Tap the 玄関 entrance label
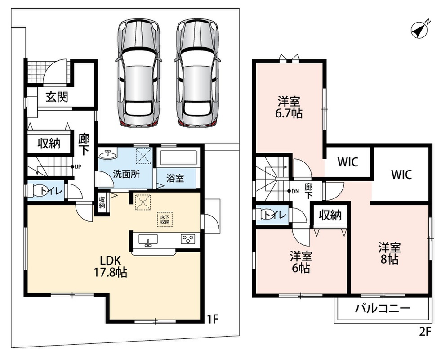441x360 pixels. point(57,97)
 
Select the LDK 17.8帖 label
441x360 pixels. point(110,266)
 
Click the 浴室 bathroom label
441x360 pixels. point(175,178)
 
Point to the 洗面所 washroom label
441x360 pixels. point(126,174)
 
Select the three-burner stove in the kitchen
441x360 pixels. point(188,239)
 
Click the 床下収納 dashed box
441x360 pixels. point(165,219)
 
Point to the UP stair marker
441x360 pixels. point(76,167)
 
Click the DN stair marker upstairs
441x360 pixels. point(293,191)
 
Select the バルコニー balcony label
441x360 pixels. point(382,309)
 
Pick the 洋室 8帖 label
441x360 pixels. point(389,253)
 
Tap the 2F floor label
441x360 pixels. point(425,332)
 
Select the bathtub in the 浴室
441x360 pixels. point(177,158)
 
